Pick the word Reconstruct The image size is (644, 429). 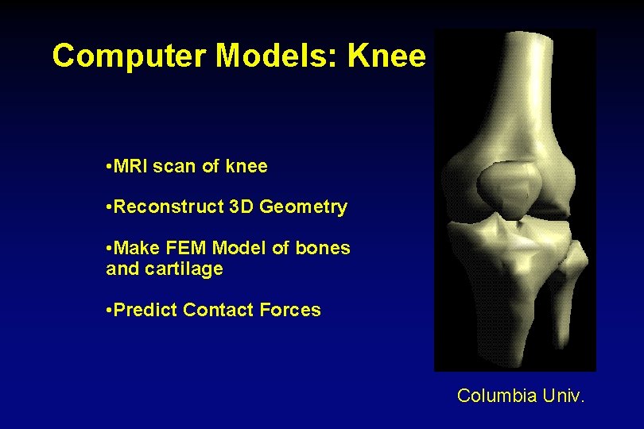click(x=169, y=207)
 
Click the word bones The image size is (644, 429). click(x=322, y=248)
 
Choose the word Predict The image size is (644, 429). click(x=146, y=310)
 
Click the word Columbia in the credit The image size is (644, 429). click(x=497, y=396)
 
